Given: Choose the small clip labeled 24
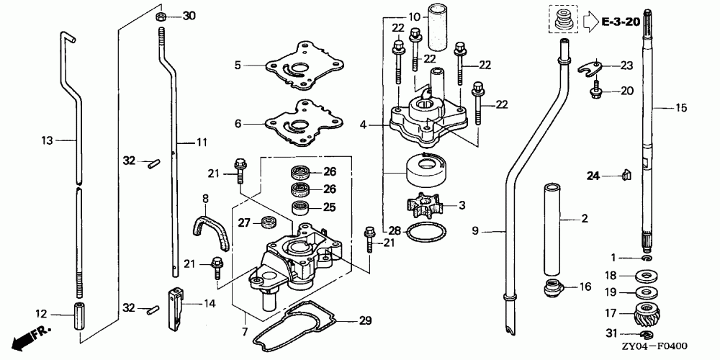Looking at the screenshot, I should point(625,174).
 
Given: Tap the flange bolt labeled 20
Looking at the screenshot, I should point(594,91).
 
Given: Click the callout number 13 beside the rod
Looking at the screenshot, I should point(48,141).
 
